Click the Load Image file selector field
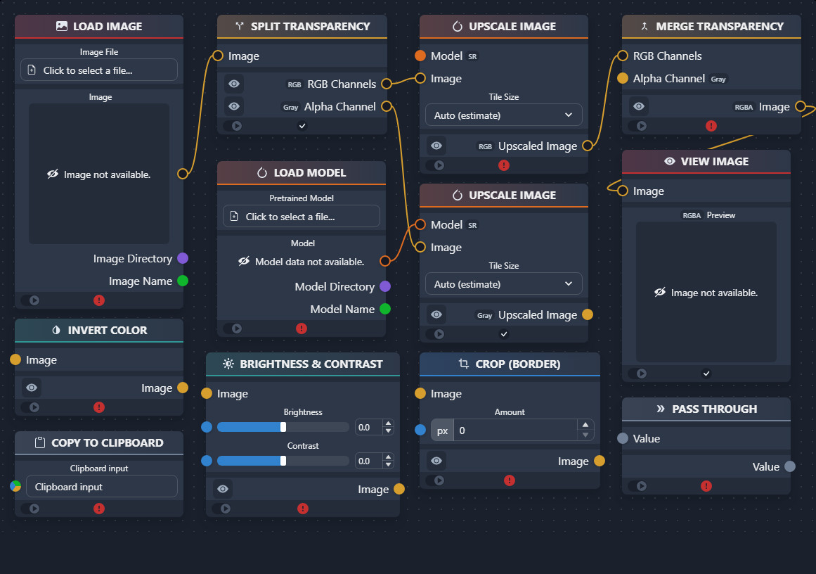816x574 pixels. [99, 70]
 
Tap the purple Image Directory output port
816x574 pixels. [183, 258]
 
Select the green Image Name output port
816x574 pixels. [183, 281]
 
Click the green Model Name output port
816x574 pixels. [385, 309]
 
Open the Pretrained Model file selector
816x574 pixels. [302, 216]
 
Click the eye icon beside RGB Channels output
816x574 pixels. [234, 84]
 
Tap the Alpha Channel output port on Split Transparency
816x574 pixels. [387, 106]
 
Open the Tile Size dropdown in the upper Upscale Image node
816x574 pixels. [504, 115]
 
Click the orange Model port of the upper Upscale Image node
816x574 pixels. [420, 56]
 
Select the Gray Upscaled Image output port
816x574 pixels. [588, 314]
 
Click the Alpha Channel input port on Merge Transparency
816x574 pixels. [623, 78]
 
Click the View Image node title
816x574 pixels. [715, 162]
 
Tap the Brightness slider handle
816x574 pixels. [283, 427]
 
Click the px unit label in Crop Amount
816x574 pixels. [442, 431]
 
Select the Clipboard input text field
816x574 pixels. [101, 487]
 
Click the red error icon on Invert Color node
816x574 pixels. [99, 407]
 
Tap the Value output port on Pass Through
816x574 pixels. [790, 466]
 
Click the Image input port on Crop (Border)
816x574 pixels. [420, 393]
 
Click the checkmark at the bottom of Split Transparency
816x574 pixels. [302, 125]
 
